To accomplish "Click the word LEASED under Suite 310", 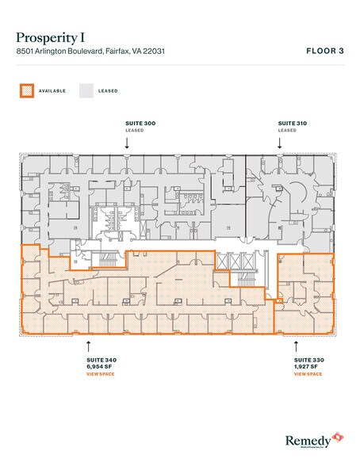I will click(287, 131).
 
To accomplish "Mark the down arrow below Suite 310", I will click(279, 143).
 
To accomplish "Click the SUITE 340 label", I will click(98, 359).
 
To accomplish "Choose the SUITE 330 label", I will click(307, 359).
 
